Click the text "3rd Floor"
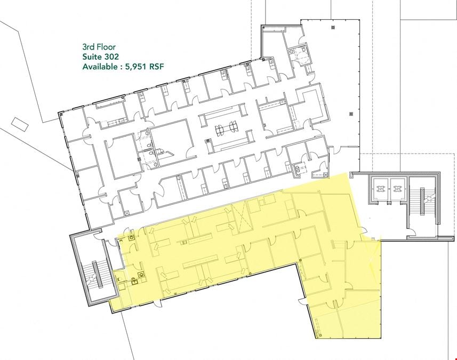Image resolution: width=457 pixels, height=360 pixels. [99, 47]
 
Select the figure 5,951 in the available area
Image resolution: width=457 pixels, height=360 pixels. [136, 67]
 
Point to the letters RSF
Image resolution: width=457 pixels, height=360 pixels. [157, 67]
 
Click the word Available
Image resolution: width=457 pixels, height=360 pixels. [99, 67]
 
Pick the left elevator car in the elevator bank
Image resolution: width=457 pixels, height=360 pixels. [380, 190]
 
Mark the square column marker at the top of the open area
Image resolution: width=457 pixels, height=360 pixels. [333, 28]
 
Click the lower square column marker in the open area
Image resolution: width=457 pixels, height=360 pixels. [351, 114]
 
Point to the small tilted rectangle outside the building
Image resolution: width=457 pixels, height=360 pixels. [20, 124]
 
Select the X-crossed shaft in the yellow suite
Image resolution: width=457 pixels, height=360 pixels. [240, 218]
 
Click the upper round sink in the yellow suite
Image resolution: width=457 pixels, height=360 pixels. [132, 238]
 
